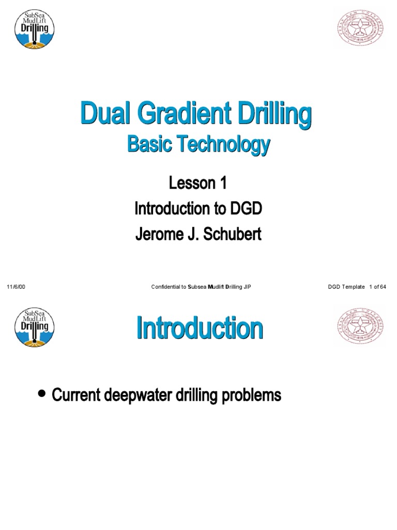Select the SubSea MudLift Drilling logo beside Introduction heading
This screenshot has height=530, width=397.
pos(34,327)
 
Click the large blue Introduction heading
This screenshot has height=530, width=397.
pos(200,329)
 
